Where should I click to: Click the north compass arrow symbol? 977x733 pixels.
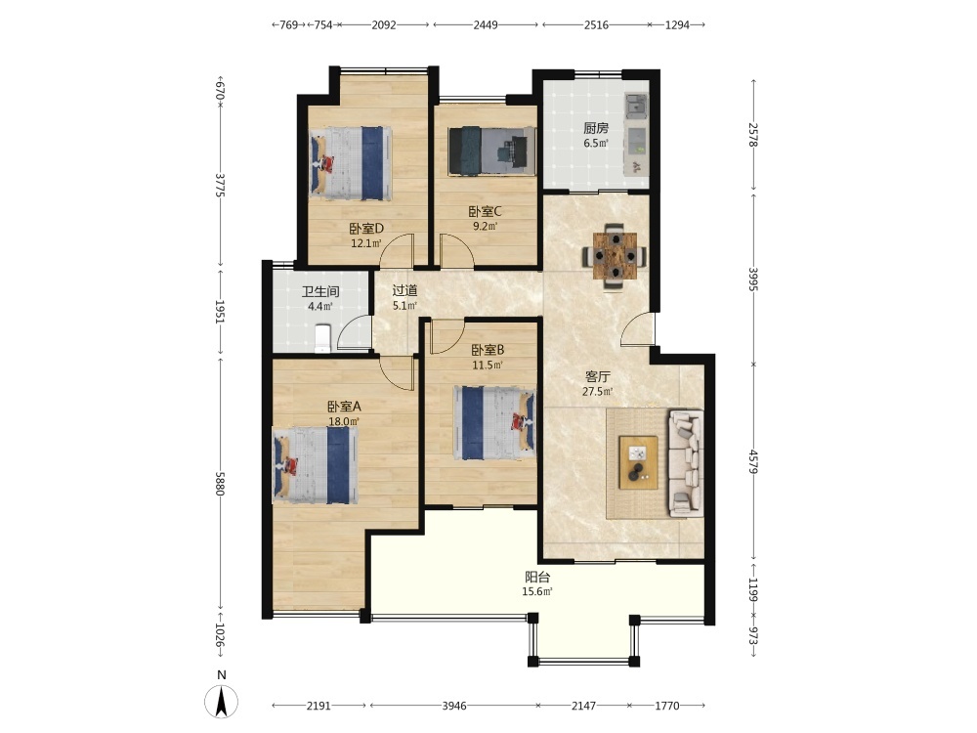[x=221, y=701]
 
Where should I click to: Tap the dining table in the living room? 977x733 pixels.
[x=615, y=255]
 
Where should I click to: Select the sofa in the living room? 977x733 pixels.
[x=686, y=463]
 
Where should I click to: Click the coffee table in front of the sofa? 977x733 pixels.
[x=638, y=462]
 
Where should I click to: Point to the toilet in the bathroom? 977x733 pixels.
[x=322, y=338]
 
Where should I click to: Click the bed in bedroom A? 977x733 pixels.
[x=316, y=465]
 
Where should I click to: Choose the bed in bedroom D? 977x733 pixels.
[x=352, y=163]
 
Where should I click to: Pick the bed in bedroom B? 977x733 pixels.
[x=494, y=422]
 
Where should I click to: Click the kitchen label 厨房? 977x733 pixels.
[x=596, y=128]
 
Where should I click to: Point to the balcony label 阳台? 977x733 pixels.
[x=537, y=578]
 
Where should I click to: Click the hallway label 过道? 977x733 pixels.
[x=404, y=290]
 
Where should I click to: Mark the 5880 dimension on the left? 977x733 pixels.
[x=219, y=483]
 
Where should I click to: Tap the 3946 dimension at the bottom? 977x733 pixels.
[x=454, y=706]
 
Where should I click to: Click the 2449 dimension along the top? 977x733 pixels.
[x=486, y=25]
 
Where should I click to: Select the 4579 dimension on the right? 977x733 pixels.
[x=754, y=461]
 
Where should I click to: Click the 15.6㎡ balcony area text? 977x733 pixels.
[x=537, y=591]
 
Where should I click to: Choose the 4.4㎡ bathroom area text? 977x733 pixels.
[x=320, y=306]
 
